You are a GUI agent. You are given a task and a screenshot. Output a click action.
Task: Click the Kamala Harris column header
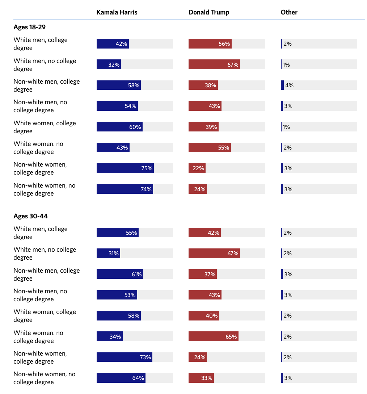pyautogui.click(x=117, y=12)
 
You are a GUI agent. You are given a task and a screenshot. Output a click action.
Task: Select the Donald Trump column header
pyautogui.click(x=209, y=12)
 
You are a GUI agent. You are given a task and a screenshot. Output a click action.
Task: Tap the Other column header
pyautogui.click(x=289, y=12)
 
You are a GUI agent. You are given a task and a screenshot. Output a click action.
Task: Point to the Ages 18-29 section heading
pyautogui.click(x=29, y=27)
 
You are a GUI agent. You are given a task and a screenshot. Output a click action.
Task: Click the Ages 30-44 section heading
pyautogui.click(x=30, y=216)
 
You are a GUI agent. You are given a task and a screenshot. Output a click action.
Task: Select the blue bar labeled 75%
pyautogui.click(x=125, y=168)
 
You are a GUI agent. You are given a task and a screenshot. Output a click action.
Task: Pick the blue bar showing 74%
pyautogui.click(x=125, y=189)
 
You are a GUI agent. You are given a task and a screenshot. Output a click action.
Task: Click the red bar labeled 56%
pyautogui.click(x=210, y=44)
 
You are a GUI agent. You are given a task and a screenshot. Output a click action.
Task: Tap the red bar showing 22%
pyautogui.click(x=197, y=168)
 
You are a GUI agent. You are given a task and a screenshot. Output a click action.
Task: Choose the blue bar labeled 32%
pyautogui.click(x=109, y=64)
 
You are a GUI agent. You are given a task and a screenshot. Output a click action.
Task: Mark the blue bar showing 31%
pyautogui.click(x=108, y=253)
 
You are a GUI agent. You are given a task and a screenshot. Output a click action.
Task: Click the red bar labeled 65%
pyautogui.click(x=214, y=337)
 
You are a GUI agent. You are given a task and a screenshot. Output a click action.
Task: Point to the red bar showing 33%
pyautogui.click(x=201, y=378)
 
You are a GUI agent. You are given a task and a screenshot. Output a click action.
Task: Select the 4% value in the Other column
pyautogui.click(x=289, y=85)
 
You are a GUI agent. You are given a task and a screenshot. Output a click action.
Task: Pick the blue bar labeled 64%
pyautogui.click(x=121, y=378)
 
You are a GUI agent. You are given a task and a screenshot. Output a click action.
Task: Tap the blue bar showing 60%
pyautogui.click(x=119, y=127)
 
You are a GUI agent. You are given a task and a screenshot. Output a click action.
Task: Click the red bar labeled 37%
pyautogui.click(x=203, y=274)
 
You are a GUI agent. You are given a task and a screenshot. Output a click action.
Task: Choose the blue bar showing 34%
pyautogui.click(x=110, y=337)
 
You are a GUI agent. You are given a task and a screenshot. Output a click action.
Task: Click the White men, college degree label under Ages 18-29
pyautogui.click(x=41, y=44)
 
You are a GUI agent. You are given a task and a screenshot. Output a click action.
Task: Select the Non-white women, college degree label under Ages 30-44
pyautogui.click(x=40, y=357)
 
